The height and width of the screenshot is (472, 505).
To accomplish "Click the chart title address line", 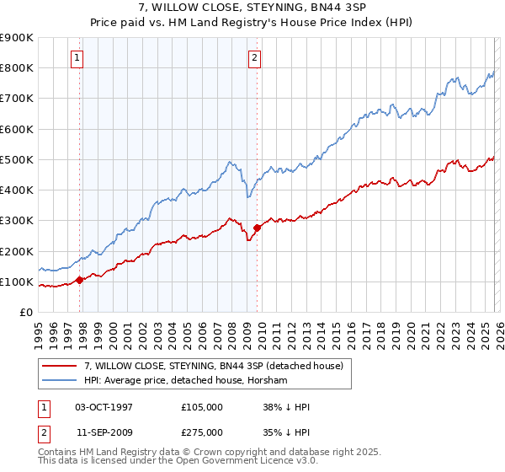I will (x=252, y=8).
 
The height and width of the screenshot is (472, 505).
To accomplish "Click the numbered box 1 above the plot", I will (x=77, y=58).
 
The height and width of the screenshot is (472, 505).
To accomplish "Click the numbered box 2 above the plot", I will (x=254, y=58).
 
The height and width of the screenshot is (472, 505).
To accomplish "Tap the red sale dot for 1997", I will (x=80, y=280).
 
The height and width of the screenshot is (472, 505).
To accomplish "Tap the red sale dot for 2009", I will (x=257, y=228).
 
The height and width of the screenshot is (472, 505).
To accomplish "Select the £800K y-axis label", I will (x=17, y=67).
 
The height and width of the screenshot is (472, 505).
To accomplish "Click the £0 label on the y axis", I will (x=25, y=312).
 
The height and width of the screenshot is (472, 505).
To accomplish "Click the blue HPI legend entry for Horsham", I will (x=186, y=381).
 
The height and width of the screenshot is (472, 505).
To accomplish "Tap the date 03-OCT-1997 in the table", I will (x=104, y=407).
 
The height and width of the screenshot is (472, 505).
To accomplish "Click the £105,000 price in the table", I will (x=202, y=407).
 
